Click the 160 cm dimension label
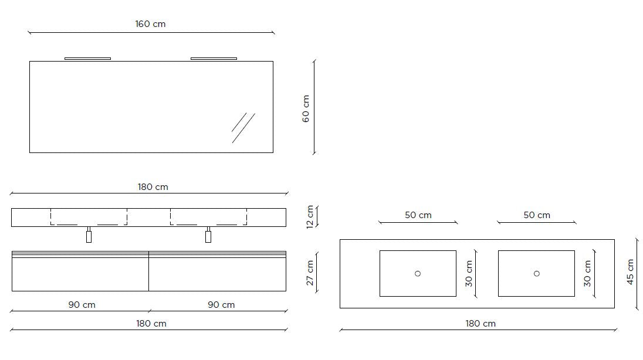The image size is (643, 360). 150,24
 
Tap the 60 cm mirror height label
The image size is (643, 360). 306,108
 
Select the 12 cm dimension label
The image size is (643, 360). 310,216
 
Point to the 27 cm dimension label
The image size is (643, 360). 310,273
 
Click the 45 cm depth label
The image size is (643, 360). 630,272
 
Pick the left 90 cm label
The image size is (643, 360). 81,305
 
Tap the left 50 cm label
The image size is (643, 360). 418,215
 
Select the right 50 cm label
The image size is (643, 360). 537,215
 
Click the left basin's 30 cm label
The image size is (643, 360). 469,273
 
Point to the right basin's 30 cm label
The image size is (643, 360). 587,273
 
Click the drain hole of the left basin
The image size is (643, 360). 418,273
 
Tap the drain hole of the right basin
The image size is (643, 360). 537,273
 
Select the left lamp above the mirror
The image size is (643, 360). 87,59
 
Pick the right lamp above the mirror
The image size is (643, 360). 214,59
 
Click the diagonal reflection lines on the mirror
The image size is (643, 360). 243,127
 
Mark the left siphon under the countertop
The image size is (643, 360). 89,236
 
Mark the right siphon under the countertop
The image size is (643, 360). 208,236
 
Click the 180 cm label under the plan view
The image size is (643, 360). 480,324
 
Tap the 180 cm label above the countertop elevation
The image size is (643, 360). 153,187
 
